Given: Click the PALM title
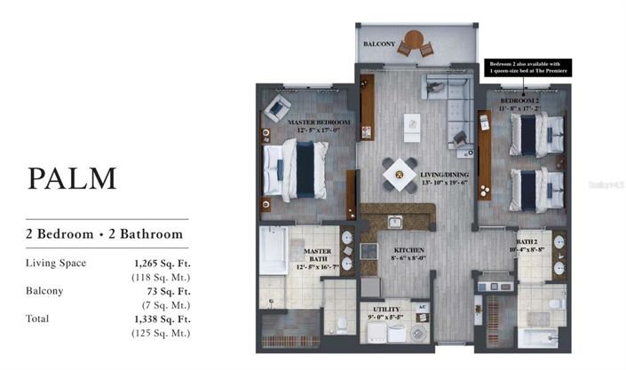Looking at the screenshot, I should click(73, 177).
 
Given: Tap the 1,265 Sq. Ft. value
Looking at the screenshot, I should click(163, 263).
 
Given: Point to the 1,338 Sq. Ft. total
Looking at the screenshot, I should click(163, 318).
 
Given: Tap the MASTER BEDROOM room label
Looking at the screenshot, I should click(318, 122).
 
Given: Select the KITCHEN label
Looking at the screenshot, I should click(409, 250).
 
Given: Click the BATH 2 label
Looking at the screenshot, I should click(527, 241).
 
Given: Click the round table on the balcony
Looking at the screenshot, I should click(415, 41).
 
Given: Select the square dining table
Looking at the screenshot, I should click(400, 174).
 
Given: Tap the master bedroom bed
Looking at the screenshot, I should click(297, 168).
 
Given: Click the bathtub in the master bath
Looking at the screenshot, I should click(273, 251).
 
